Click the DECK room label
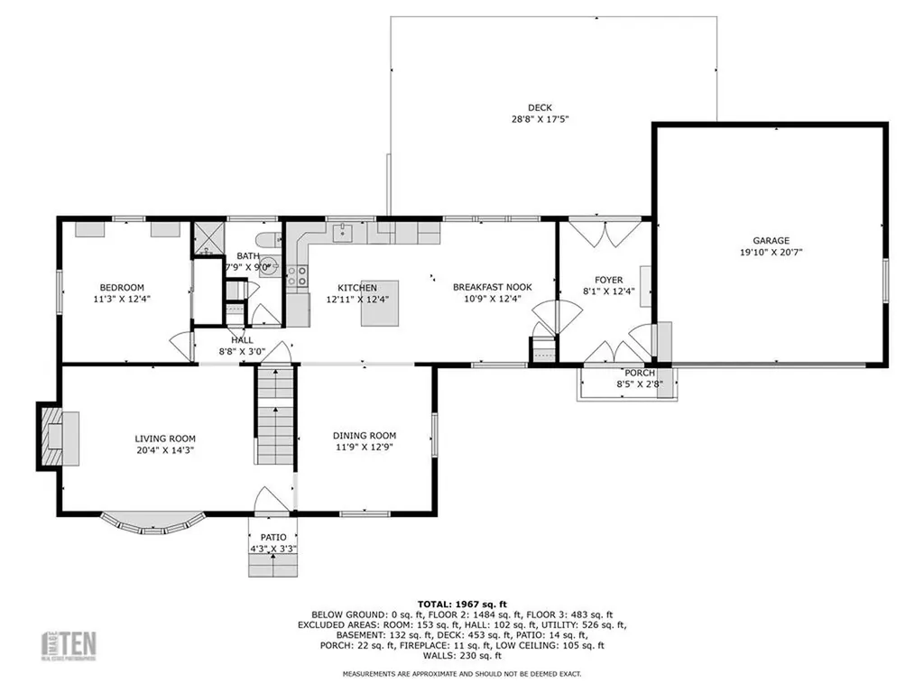pos(540,108)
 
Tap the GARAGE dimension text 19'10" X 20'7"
pos(771,253)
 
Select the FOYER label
pos(609,280)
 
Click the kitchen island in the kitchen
pos(380,303)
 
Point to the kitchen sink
pos(342,233)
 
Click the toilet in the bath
pos(268,240)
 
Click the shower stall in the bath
pos(208,238)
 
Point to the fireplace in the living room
pos(59,437)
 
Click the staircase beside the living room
pos(275,415)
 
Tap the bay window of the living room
pos(153,524)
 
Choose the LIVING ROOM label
pos(165,439)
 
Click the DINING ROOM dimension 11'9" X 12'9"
pos(365,447)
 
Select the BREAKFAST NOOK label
pos(493,287)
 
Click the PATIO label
pos(273,538)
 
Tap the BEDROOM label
pos(122,288)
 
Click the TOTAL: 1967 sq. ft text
pos(462,604)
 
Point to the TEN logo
pos(69,646)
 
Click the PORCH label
pos(640,373)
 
